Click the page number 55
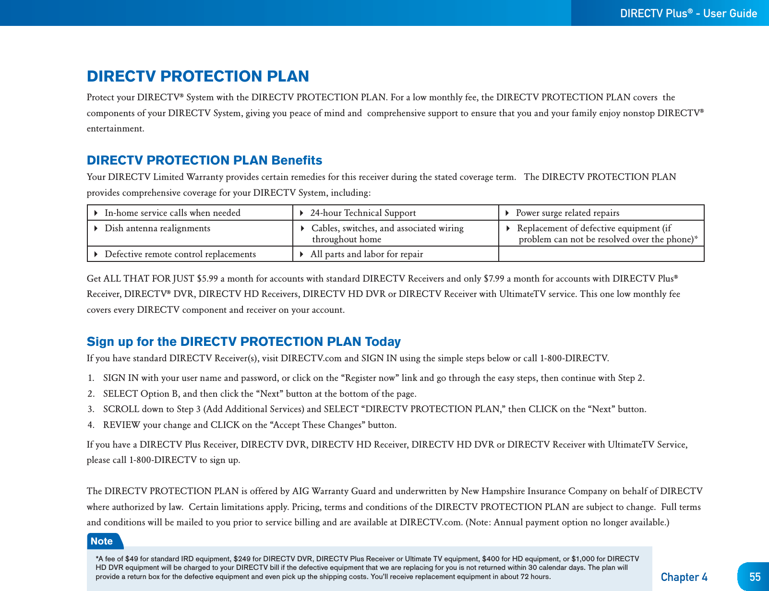click(x=755, y=577)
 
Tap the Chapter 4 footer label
click(x=684, y=577)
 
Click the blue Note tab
click(x=102, y=541)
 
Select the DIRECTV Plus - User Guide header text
click(x=688, y=13)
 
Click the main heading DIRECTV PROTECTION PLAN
click(x=198, y=76)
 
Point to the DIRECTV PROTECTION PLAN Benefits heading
click(x=204, y=160)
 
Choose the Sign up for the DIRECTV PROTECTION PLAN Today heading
click(x=243, y=342)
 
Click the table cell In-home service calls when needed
click(x=172, y=213)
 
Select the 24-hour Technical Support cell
click(x=363, y=213)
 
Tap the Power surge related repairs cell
click(x=567, y=213)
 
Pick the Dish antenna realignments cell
click(x=157, y=228)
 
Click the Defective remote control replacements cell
click(x=180, y=254)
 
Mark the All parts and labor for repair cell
click(x=367, y=254)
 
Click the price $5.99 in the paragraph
click(x=207, y=279)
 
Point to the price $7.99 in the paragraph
click(x=494, y=279)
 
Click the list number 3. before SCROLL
click(x=91, y=409)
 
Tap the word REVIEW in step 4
click(x=121, y=425)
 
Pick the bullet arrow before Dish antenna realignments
click(x=96, y=228)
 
